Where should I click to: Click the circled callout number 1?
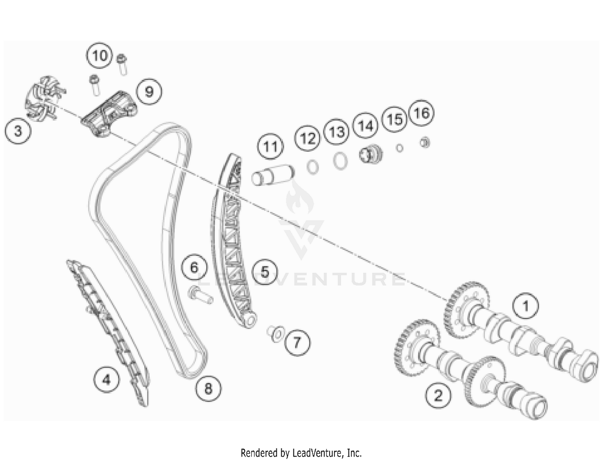click(x=525, y=306)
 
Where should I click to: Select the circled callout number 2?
click(x=438, y=395)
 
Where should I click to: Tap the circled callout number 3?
click(x=18, y=131)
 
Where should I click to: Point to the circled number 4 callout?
click(x=106, y=380)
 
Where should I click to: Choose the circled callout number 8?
click(x=208, y=389)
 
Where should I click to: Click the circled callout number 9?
click(x=149, y=92)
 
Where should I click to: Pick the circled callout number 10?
click(x=99, y=56)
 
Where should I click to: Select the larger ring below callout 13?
click(x=340, y=161)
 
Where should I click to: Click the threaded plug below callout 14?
click(x=370, y=154)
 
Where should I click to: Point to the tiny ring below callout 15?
click(x=400, y=148)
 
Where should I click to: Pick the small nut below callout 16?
click(x=425, y=143)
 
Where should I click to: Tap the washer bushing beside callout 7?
click(x=275, y=334)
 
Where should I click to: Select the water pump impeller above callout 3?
click(x=45, y=99)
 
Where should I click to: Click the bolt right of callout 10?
click(x=122, y=64)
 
